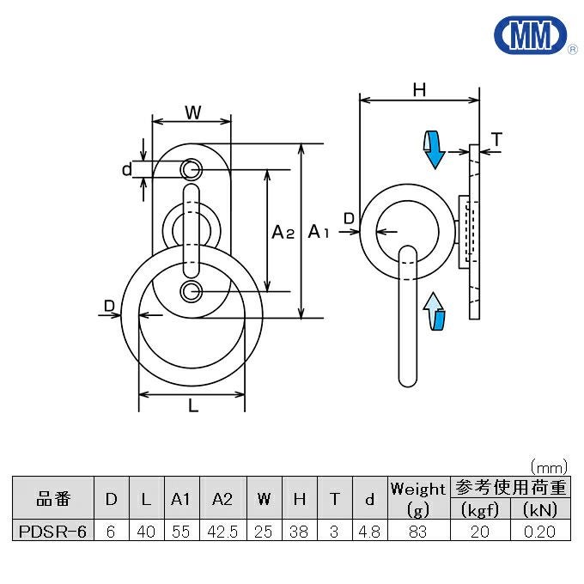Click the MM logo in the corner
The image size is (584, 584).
pyautogui.click(x=530, y=35)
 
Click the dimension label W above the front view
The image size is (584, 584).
pyautogui.click(x=192, y=112)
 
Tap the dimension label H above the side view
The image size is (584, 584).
pyautogui.click(x=419, y=88)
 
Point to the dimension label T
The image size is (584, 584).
pyautogui.click(x=497, y=138)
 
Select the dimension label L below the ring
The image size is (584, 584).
pyautogui.click(x=193, y=406)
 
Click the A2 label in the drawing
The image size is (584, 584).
pyautogui.click(x=283, y=231)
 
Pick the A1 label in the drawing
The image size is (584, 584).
pyautogui.click(x=319, y=231)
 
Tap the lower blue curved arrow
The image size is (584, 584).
pyautogui.click(x=435, y=311)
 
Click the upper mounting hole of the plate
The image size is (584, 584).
pyautogui.click(x=190, y=169)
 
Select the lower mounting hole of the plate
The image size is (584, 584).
pyautogui.click(x=190, y=292)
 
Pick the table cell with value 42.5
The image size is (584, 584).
pyautogui.click(x=222, y=531)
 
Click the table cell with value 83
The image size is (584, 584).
pyautogui.click(x=418, y=531)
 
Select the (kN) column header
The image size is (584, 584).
pyautogui.click(x=541, y=510)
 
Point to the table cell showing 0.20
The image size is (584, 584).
pyautogui.click(x=541, y=531)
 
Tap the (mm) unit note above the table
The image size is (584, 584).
pyautogui.click(x=548, y=467)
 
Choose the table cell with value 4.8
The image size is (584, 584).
pyautogui.click(x=369, y=531)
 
